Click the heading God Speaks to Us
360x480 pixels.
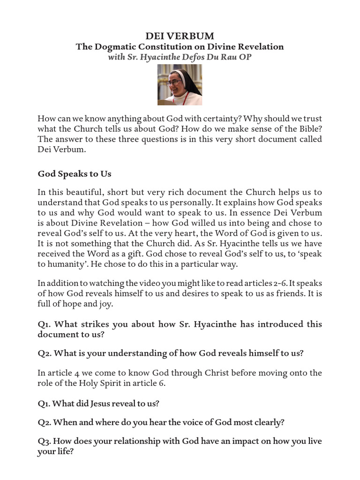click(x=74, y=174)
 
